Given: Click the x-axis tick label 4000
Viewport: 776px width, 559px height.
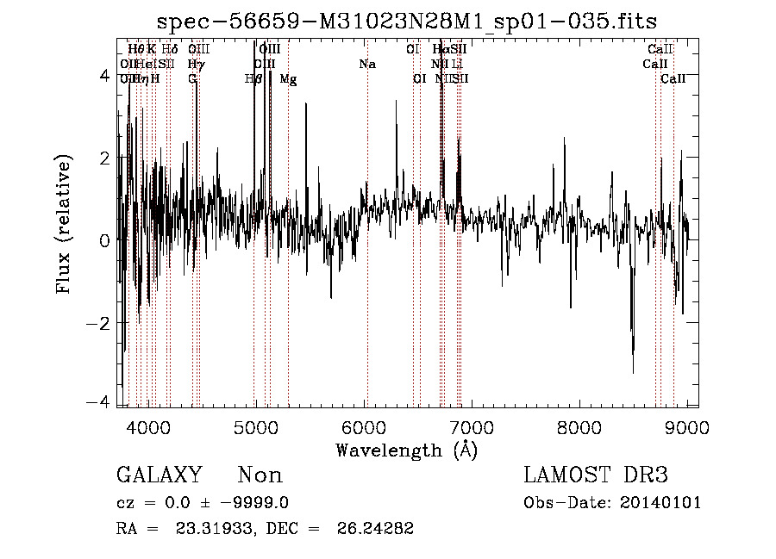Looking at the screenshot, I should click(x=149, y=428).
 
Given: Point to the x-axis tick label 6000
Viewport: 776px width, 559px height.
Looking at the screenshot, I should click(x=364, y=428).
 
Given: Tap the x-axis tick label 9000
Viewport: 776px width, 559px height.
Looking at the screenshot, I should click(x=687, y=428).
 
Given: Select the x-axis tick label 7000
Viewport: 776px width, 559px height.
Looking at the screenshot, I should click(x=472, y=428).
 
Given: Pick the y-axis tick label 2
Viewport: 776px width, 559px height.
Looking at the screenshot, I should click(x=104, y=158).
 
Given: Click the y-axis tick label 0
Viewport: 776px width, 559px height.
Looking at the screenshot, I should click(x=104, y=240).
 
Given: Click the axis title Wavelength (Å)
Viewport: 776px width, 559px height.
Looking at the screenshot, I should click(x=406, y=450).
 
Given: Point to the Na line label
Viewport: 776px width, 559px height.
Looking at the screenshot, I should click(x=367, y=64).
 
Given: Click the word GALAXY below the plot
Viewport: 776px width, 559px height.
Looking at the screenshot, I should click(x=159, y=475).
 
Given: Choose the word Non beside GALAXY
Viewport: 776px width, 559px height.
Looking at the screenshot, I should click(x=260, y=475).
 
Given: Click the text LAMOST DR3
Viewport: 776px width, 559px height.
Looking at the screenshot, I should click(x=595, y=475).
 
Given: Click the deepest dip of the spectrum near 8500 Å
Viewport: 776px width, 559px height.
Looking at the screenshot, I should click(x=634, y=372).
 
